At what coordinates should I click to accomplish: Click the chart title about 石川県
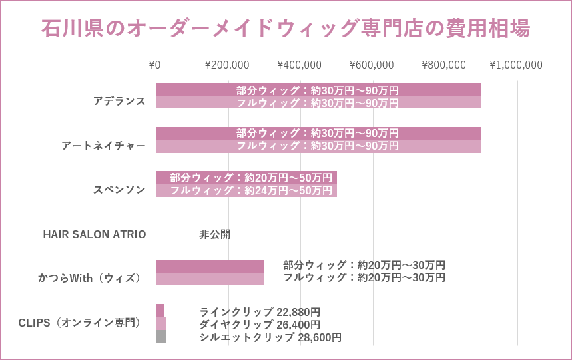click(286, 29)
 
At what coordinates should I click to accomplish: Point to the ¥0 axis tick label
click(154, 65)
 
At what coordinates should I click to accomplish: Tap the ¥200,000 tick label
click(227, 65)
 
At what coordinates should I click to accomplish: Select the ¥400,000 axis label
click(299, 65)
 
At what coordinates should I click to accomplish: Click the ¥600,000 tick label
click(372, 65)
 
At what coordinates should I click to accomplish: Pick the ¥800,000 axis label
click(443, 65)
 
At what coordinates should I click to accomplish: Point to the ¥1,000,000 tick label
click(516, 65)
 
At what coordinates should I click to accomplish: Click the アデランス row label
click(119, 101)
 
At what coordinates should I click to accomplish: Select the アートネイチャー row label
click(103, 146)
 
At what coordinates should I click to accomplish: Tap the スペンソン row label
click(119, 190)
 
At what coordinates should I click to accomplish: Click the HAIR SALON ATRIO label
click(95, 234)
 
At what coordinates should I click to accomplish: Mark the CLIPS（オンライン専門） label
click(79, 323)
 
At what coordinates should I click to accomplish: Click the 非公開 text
click(214, 234)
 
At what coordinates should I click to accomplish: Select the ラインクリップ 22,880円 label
click(260, 311)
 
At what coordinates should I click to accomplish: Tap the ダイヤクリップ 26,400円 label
click(260, 324)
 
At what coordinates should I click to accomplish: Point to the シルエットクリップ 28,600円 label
click(270, 337)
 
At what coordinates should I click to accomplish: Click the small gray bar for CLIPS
click(161, 337)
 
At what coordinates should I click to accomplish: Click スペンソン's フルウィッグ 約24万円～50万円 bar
click(246, 190)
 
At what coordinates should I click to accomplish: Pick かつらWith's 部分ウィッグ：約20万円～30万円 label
click(364, 265)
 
